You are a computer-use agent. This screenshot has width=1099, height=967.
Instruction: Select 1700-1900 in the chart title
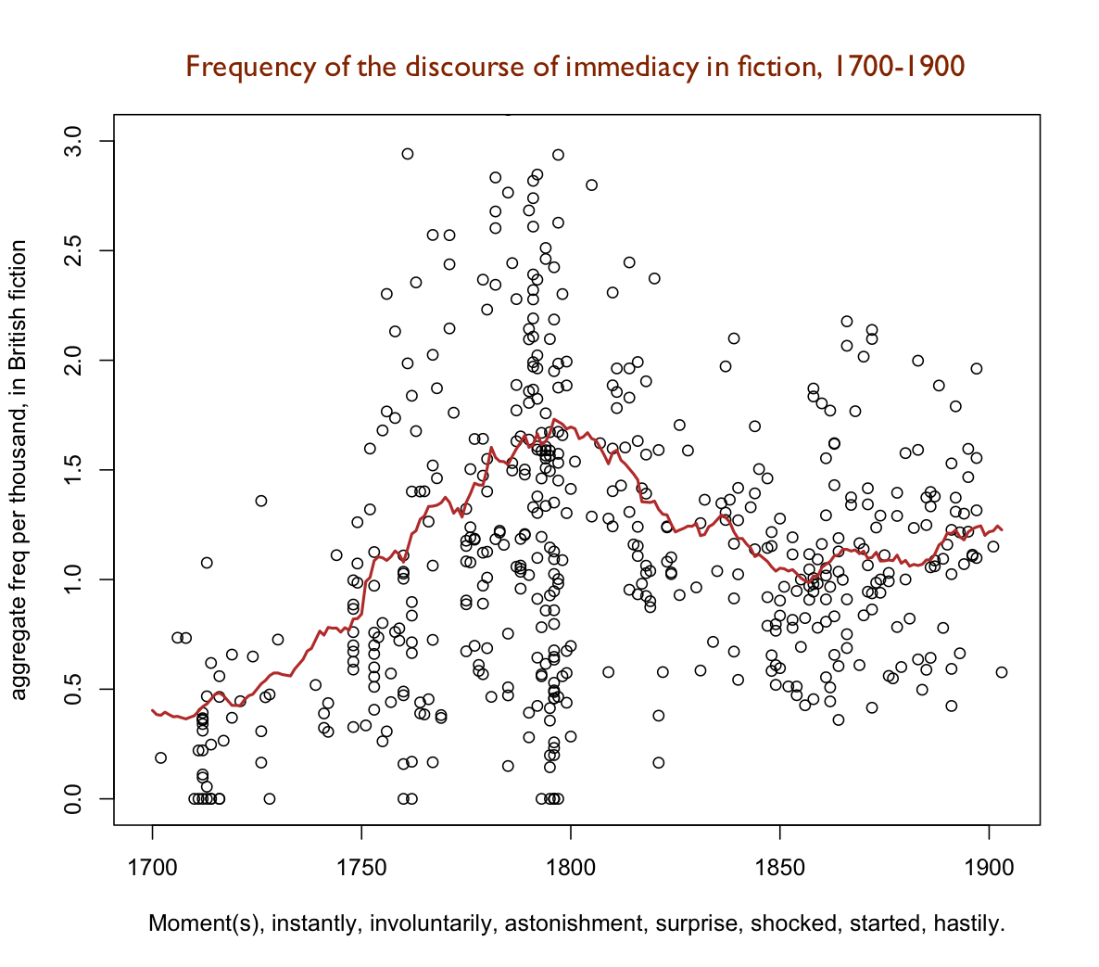click(899, 68)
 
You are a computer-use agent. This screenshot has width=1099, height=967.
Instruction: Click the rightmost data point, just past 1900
click(1001, 672)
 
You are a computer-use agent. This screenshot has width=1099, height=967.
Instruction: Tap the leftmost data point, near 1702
click(160, 757)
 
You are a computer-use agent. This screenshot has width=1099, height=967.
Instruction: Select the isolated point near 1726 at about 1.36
click(261, 501)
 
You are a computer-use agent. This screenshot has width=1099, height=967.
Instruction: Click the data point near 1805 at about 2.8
click(591, 185)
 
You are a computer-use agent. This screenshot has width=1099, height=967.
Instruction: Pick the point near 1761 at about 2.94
click(407, 154)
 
